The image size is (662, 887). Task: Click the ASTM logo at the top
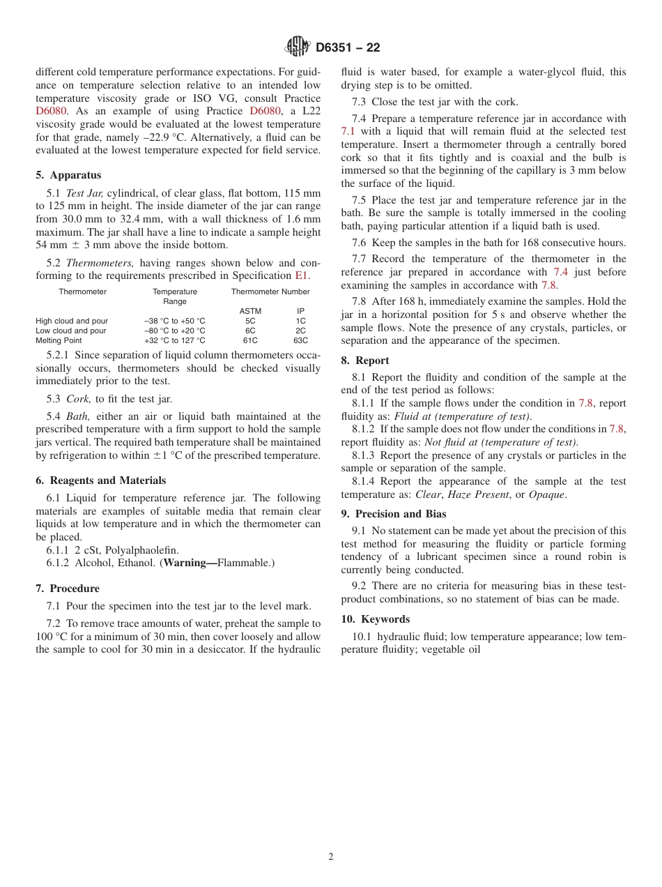(x=298, y=47)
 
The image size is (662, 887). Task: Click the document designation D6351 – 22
(x=348, y=48)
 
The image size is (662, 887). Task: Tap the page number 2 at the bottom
(x=331, y=857)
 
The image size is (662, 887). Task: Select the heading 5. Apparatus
(x=68, y=175)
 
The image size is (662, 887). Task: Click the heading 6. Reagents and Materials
(x=100, y=480)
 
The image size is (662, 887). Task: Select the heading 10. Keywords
(x=375, y=619)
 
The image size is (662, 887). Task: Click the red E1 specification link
(x=302, y=275)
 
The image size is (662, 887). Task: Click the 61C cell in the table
(x=250, y=340)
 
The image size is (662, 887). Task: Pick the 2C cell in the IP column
(x=300, y=331)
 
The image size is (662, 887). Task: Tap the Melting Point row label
(x=59, y=340)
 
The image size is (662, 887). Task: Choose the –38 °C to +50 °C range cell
(x=174, y=321)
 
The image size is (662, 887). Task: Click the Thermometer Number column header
(x=270, y=291)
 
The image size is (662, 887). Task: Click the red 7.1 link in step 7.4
(x=348, y=131)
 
